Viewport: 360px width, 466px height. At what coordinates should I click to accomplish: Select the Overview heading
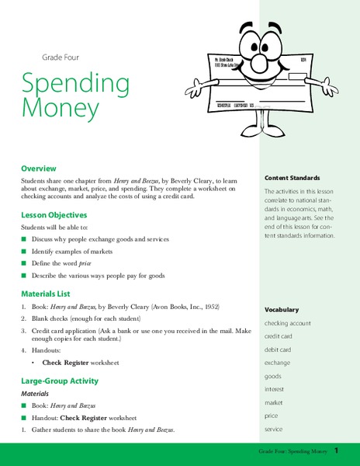coord(40,168)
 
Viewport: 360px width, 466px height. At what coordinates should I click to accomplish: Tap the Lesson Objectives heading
coord(54,215)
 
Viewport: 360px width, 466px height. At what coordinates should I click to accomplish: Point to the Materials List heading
coord(46,294)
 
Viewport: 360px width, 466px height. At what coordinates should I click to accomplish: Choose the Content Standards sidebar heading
coord(292,178)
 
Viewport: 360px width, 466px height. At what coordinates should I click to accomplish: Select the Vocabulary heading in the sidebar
coord(282,309)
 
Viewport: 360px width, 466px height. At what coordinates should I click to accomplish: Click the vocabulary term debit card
coord(279,349)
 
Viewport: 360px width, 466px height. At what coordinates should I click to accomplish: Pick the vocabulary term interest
coord(275,389)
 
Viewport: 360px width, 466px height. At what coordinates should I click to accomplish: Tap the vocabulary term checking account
coord(288,322)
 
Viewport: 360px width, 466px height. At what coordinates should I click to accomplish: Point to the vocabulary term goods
coord(273,376)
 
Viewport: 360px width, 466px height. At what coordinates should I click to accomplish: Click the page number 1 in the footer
coord(337,450)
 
